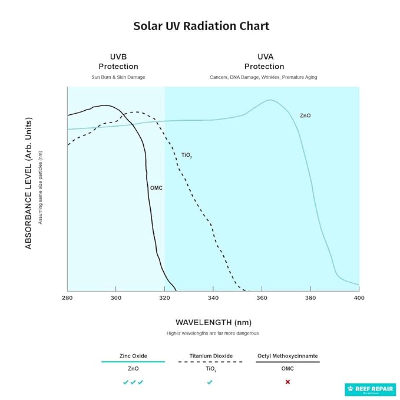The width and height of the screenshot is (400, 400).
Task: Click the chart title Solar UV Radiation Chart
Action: click(201, 26)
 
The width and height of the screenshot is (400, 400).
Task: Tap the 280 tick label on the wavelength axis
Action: click(67, 297)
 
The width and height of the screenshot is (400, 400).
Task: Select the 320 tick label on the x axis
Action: click(164, 297)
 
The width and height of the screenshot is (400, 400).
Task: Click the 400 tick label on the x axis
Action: click(358, 297)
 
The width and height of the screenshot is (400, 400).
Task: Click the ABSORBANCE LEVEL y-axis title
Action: click(28, 183)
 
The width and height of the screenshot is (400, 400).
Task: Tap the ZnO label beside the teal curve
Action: click(305, 115)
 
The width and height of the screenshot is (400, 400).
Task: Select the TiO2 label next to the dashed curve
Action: click(186, 156)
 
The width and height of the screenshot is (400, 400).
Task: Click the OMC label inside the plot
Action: click(156, 187)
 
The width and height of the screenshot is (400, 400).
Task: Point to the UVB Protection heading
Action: click(118, 62)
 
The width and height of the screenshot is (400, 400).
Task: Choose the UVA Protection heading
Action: click(264, 62)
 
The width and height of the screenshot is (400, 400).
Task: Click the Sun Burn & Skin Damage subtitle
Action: click(118, 77)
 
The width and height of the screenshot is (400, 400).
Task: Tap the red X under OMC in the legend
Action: click(287, 382)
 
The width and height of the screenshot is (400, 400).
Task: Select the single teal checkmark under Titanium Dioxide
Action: click(210, 382)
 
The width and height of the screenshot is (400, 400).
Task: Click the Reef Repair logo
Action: click(370, 389)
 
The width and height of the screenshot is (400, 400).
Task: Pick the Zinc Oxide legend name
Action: click(133, 356)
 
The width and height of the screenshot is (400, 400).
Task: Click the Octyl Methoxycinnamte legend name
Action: click(287, 356)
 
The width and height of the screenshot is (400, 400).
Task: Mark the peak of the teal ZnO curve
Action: click(270, 100)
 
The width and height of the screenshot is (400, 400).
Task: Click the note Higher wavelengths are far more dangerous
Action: click(213, 333)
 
